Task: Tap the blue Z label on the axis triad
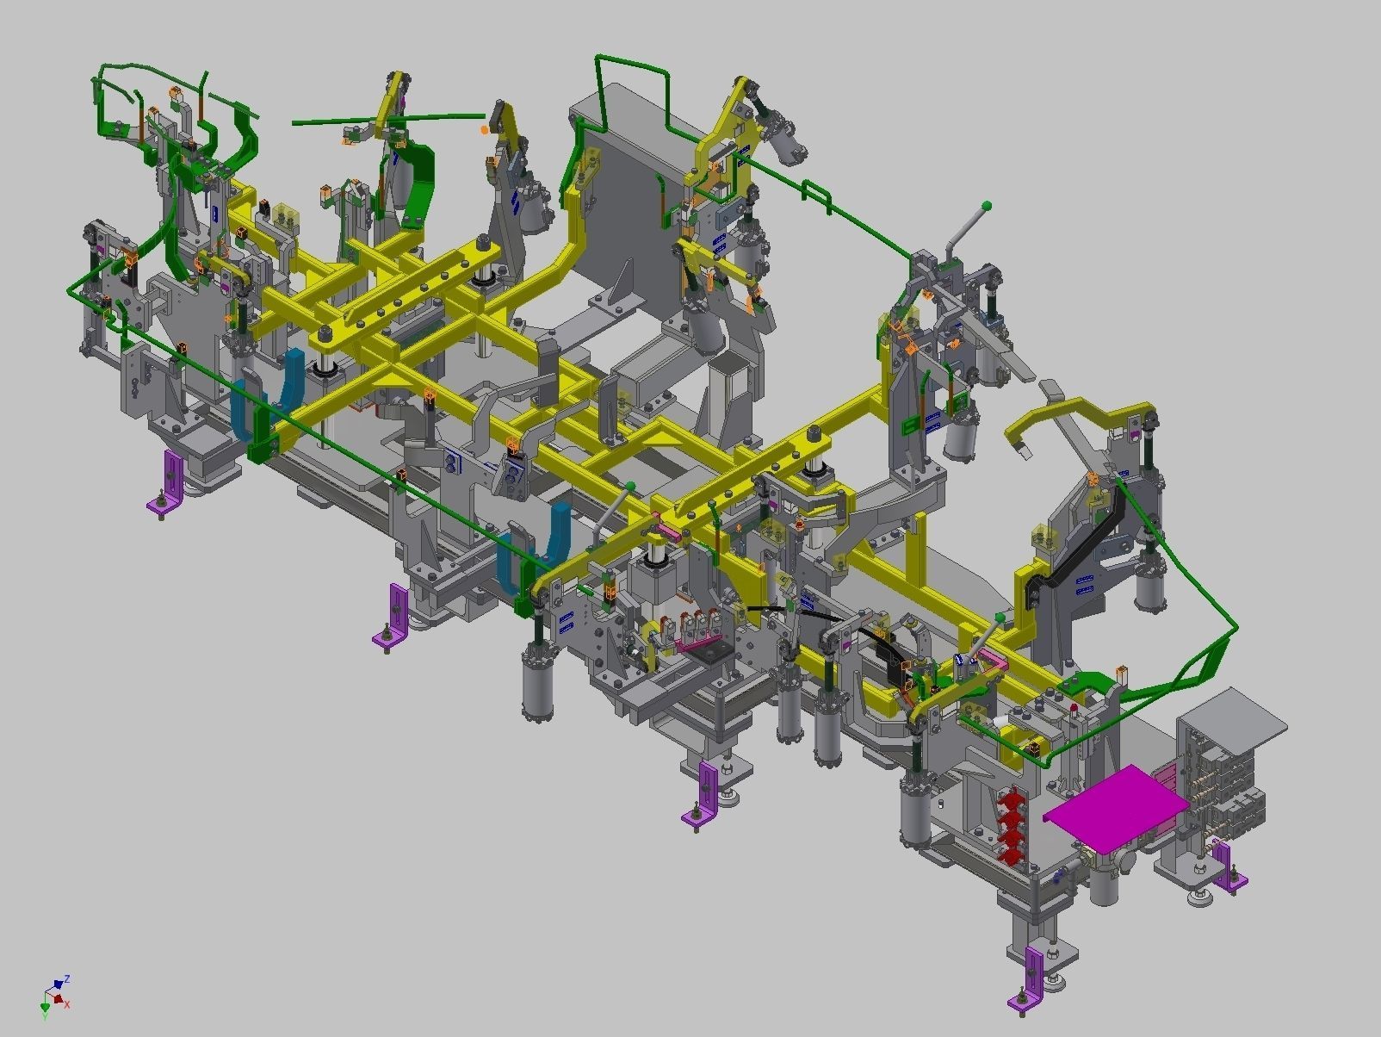tap(67, 979)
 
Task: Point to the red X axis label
tap(67, 1004)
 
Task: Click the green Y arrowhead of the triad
tap(45, 1007)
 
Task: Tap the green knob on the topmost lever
tap(987, 205)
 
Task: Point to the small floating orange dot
tap(485, 130)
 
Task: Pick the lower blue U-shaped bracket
tap(532, 551)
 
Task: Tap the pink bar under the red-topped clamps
tap(699, 642)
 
